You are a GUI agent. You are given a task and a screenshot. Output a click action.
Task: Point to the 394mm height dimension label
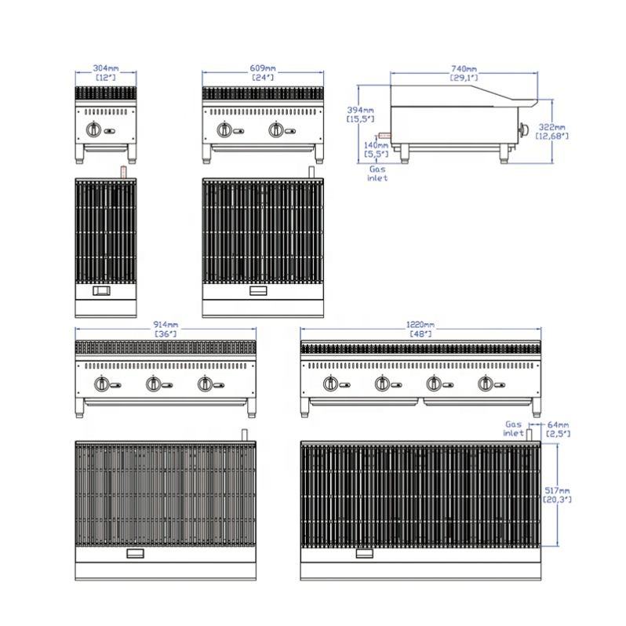coord(362,114)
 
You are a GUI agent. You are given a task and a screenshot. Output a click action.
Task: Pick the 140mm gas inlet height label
coord(377,149)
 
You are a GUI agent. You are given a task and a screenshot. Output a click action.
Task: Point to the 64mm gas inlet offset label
coord(555,428)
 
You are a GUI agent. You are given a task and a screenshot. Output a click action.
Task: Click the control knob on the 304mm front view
coord(94,129)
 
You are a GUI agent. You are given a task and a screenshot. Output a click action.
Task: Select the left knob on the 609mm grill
coord(225,129)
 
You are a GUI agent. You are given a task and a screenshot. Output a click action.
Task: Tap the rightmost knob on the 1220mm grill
coord(486,384)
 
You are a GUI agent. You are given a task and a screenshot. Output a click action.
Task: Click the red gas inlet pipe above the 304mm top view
coord(122,171)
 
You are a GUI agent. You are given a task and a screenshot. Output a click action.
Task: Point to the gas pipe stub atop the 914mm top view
coord(244,434)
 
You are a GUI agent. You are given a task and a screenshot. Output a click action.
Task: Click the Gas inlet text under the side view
coord(377,173)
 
